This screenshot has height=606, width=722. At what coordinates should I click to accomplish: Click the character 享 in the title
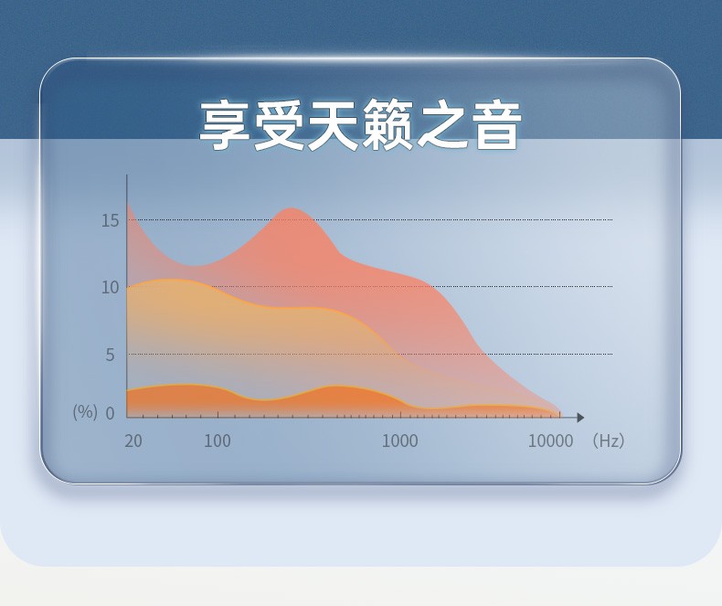(x=225, y=125)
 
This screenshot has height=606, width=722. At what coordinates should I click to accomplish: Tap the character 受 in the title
(x=279, y=125)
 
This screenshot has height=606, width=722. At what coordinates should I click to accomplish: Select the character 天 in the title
(x=334, y=125)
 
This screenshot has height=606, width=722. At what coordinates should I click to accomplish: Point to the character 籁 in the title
(x=388, y=125)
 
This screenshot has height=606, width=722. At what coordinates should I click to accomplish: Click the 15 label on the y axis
(x=110, y=221)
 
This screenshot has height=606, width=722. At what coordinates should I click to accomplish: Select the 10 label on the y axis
(x=110, y=288)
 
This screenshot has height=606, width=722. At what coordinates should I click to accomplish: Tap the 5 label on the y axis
(x=110, y=355)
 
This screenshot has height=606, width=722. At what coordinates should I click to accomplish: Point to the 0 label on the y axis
(x=110, y=413)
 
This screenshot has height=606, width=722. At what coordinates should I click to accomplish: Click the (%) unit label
(x=85, y=411)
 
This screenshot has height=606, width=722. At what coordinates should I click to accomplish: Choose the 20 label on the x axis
(x=133, y=441)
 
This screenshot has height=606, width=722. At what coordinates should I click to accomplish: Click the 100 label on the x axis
(x=218, y=441)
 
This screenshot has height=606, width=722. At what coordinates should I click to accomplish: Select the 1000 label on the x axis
(x=400, y=441)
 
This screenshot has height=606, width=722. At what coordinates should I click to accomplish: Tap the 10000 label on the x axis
(x=551, y=441)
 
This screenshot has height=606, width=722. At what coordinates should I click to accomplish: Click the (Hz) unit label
(x=609, y=441)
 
